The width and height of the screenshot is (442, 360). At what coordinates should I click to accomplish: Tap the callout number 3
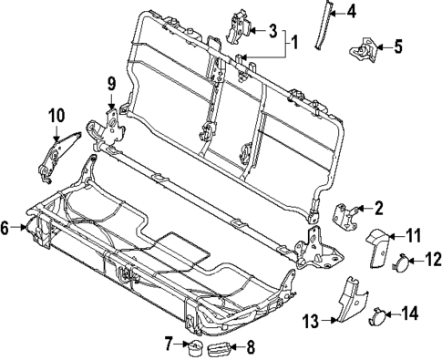pyautogui.click(x=272, y=31)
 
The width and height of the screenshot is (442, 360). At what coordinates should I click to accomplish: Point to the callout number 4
pyautogui.click(x=352, y=12)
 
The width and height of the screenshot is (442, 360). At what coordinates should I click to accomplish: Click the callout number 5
pyautogui.click(x=396, y=46)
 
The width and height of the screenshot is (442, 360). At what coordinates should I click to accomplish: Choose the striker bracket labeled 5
pyautogui.click(x=366, y=48)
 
